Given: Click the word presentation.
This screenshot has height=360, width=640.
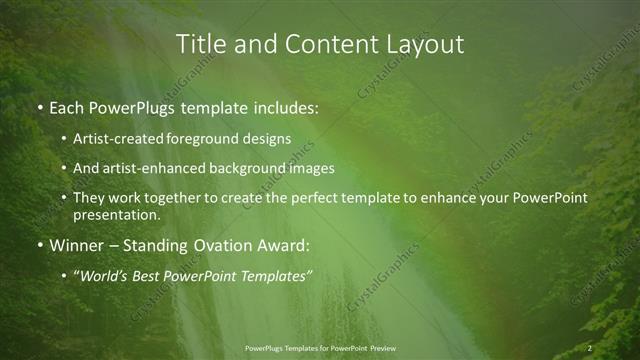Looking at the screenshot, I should coord(116,214).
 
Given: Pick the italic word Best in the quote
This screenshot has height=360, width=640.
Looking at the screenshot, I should coord(149,275).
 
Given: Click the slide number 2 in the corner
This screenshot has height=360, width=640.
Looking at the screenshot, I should coord(590,348).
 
